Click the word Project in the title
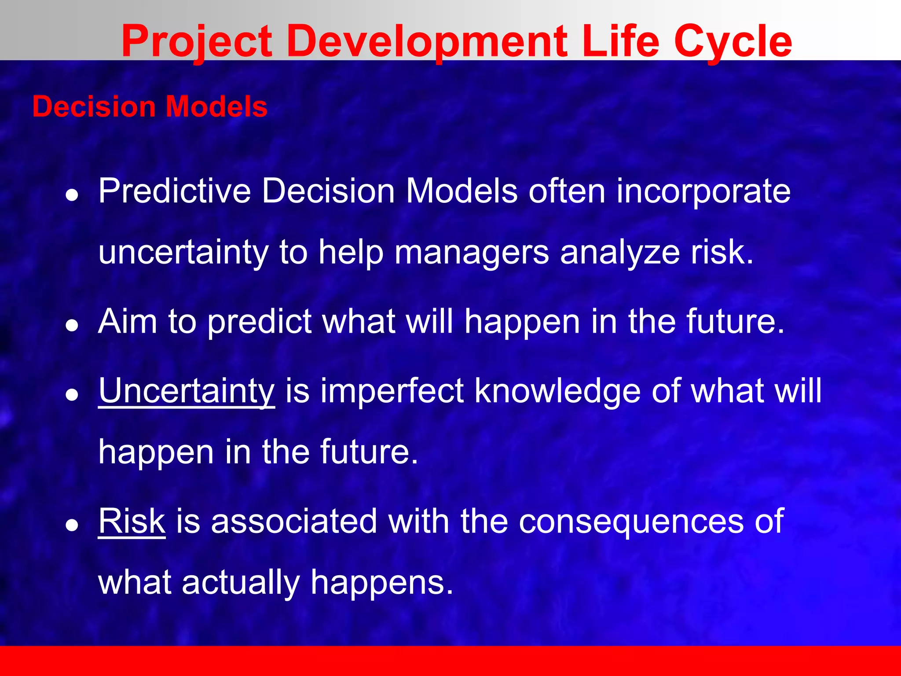pyautogui.click(x=197, y=42)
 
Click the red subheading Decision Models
pyautogui.click(x=150, y=107)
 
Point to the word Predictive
pyautogui.click(x=175, y=191)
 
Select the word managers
pyautogui.click(x=472, y=253)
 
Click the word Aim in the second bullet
pyautogui.click(x=128, y=322)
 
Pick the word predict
pyautogui.click(x=260, y=322)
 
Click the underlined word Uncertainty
pyautogui.click(x=187, y=391)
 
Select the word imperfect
pyautogui.click(x=392, y=391)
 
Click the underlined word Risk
pyautogui.click(x=132, y=522)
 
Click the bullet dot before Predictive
pyautogui.click(x=72, y=195)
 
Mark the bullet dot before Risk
pyautogui.click(x=72, y=525)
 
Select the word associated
pyautogui.click(x=294, y=522)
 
